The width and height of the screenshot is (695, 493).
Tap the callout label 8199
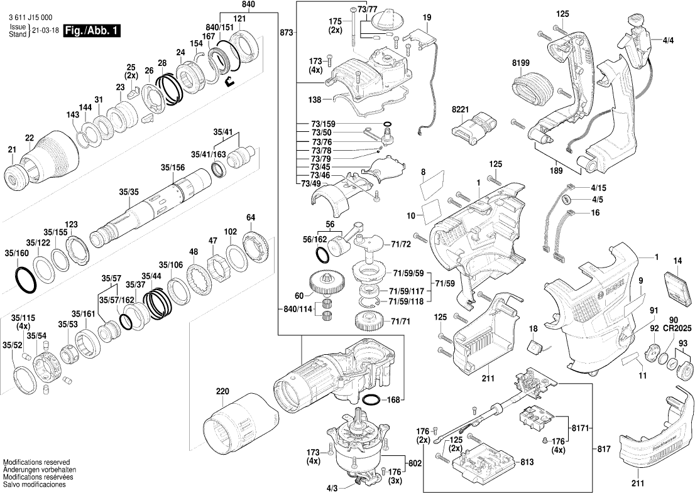tap(521, 63)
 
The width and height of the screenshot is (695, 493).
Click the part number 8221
tap(460, 109)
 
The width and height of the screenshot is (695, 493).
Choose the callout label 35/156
tap(172, 168)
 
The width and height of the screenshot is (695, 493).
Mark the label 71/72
tap(400, 243)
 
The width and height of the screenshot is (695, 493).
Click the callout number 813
tap(527, 462)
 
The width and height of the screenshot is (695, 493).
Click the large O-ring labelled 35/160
tap(25, 278)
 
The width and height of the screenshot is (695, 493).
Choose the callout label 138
tap(315, 99)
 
